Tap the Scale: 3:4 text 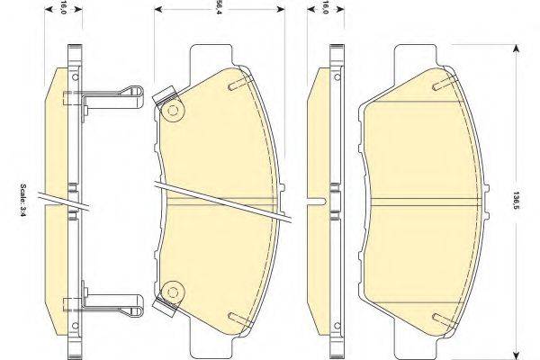(22, 200)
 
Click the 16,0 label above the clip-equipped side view (64, 7)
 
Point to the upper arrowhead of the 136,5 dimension (516, 51)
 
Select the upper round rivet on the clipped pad (172, 111)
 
